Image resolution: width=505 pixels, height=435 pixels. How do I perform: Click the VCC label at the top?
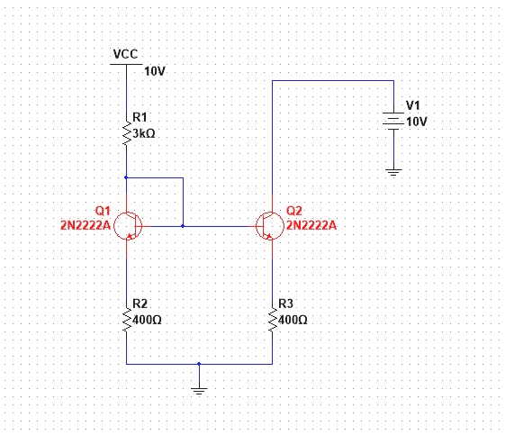click(126, 54)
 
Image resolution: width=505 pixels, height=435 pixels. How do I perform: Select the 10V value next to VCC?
click(155, 70)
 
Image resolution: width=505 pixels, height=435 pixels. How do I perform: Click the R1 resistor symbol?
click(126, 132)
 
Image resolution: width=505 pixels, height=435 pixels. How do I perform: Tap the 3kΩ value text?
click(145, 133)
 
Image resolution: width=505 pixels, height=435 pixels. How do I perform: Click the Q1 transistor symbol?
click(129, 226)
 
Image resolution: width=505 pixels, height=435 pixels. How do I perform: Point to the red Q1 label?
click(102, 210)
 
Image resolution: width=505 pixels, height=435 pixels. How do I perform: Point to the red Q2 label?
click(293, 210)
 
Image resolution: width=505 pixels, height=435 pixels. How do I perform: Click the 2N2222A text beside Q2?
click(311, 225)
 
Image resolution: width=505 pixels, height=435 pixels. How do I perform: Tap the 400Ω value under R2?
click(148, 320)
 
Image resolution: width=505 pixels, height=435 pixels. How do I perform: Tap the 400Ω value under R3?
click(293, 320)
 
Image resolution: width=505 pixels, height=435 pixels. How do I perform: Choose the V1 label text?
click(413, 105)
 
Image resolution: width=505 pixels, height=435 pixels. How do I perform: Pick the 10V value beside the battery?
click(417, 121)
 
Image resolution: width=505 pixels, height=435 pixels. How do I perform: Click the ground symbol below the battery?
click(393, 169)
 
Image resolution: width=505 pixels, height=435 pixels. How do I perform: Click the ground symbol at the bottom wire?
click(199, 389)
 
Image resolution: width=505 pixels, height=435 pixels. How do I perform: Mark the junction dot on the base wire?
click(183, 226)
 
